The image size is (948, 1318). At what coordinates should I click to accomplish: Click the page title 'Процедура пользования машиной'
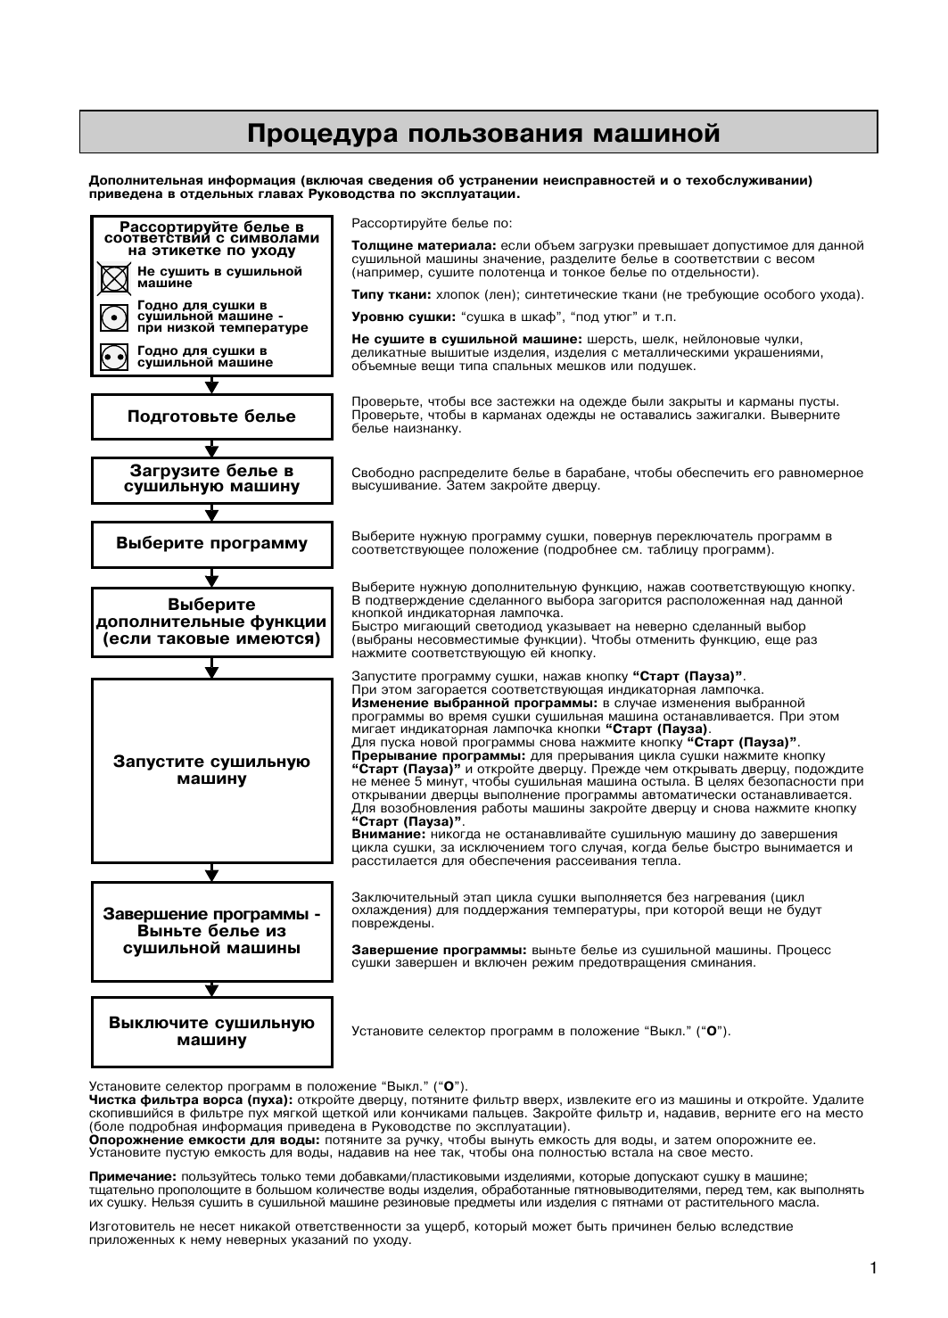(482, 134)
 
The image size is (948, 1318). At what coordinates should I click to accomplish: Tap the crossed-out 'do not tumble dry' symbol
(113, 278)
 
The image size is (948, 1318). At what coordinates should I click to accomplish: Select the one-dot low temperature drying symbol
(113, 317)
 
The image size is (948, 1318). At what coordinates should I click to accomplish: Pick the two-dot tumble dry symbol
(113, 357)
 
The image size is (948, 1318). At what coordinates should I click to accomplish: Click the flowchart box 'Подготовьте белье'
(211, 416)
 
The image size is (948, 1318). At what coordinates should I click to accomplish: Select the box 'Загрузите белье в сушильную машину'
(211, 479)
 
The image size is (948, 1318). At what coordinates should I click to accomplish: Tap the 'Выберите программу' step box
(211, 543)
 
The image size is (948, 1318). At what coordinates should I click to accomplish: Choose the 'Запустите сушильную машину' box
(211, 770)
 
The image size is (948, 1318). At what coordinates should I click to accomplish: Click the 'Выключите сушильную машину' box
(211, 1032)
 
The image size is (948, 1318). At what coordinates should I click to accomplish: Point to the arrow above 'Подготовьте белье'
(211, 384)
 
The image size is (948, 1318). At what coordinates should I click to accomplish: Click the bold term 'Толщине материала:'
(424, 245)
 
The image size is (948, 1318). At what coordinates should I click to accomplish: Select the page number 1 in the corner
(874, 1268)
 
